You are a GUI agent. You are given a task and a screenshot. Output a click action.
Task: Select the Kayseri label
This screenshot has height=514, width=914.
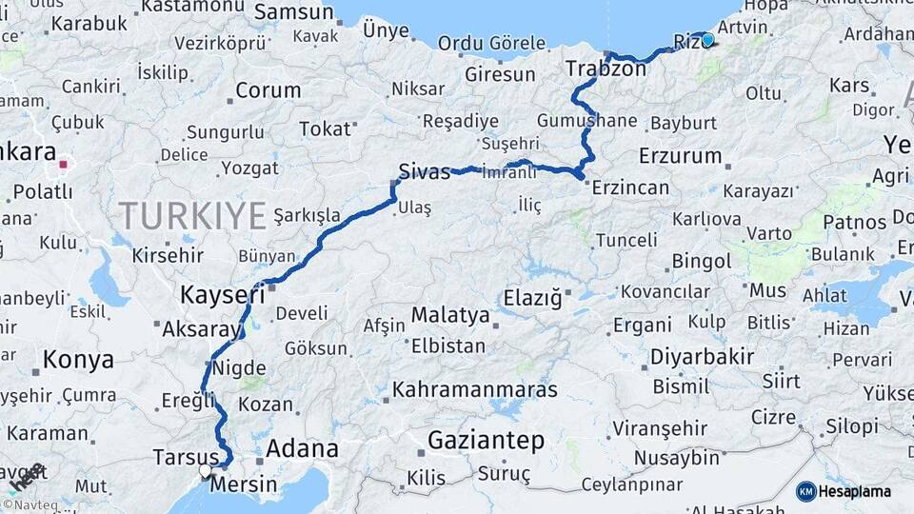click(223, 295)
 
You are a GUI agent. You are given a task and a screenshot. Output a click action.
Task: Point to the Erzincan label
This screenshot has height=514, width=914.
click(630, 188)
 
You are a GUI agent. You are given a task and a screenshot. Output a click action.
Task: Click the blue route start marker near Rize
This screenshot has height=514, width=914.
click(707, 40)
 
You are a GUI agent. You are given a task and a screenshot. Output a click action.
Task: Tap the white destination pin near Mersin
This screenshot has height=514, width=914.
click(205, 470)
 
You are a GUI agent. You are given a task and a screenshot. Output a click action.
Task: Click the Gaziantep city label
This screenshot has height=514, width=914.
click(486, 441)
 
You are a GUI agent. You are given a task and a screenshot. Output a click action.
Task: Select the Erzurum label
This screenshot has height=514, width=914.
click(681, 155)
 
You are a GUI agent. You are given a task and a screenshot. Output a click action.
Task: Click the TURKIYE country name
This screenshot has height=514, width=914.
click(192, 216)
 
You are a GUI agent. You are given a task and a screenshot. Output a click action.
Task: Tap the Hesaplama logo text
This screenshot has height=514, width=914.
click(853, 491)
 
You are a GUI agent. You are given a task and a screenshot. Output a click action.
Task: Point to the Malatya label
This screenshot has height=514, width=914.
click(450, 315)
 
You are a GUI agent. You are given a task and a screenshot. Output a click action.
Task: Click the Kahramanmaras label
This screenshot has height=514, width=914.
click(475, 389)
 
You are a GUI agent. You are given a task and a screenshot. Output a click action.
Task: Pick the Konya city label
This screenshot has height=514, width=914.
click(78, 360)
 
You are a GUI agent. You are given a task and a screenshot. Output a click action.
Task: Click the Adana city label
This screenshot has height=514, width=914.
click(303, 448)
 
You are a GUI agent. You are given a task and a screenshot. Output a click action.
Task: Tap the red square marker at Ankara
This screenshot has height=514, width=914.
click(63, 164)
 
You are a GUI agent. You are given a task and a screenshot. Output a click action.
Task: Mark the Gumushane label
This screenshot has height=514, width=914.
click(586, 121)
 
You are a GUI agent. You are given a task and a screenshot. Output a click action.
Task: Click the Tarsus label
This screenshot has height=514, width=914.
click(186, 458)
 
